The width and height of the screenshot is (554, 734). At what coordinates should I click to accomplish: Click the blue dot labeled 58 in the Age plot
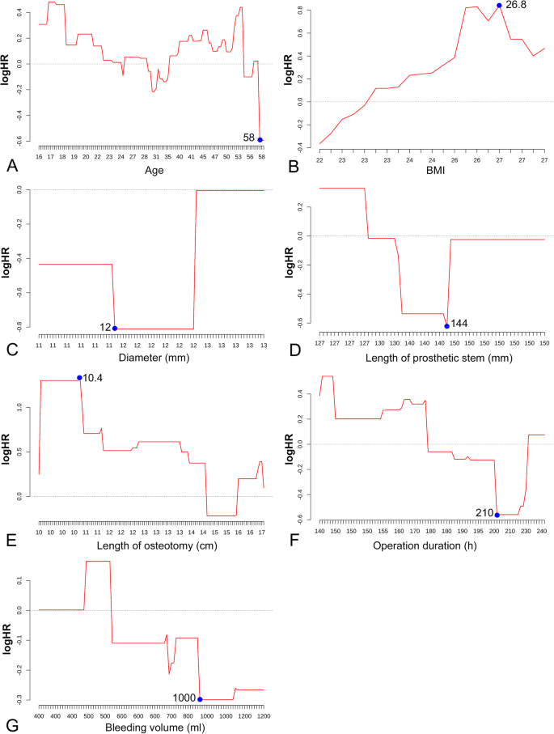coord(260,140)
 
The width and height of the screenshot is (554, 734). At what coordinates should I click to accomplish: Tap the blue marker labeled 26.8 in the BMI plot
coord(500,6)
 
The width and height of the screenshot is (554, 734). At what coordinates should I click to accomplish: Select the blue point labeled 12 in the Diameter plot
coord(115,329)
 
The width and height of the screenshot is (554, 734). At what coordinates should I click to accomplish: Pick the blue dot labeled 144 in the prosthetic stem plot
coord(446,326)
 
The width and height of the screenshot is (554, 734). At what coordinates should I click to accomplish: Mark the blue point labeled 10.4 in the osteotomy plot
coord(79,377)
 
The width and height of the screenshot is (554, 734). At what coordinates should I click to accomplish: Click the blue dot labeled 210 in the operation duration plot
coord(497,515)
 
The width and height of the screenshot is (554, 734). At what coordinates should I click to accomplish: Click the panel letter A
coord(11,166)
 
